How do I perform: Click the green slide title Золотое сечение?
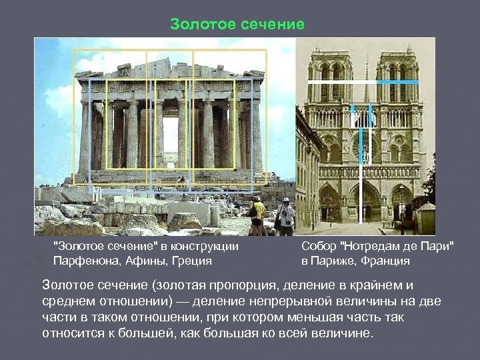[x=237, y=25]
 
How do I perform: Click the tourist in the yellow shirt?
[x=257, y=215]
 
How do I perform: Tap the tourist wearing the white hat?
[x=286, y=215]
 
